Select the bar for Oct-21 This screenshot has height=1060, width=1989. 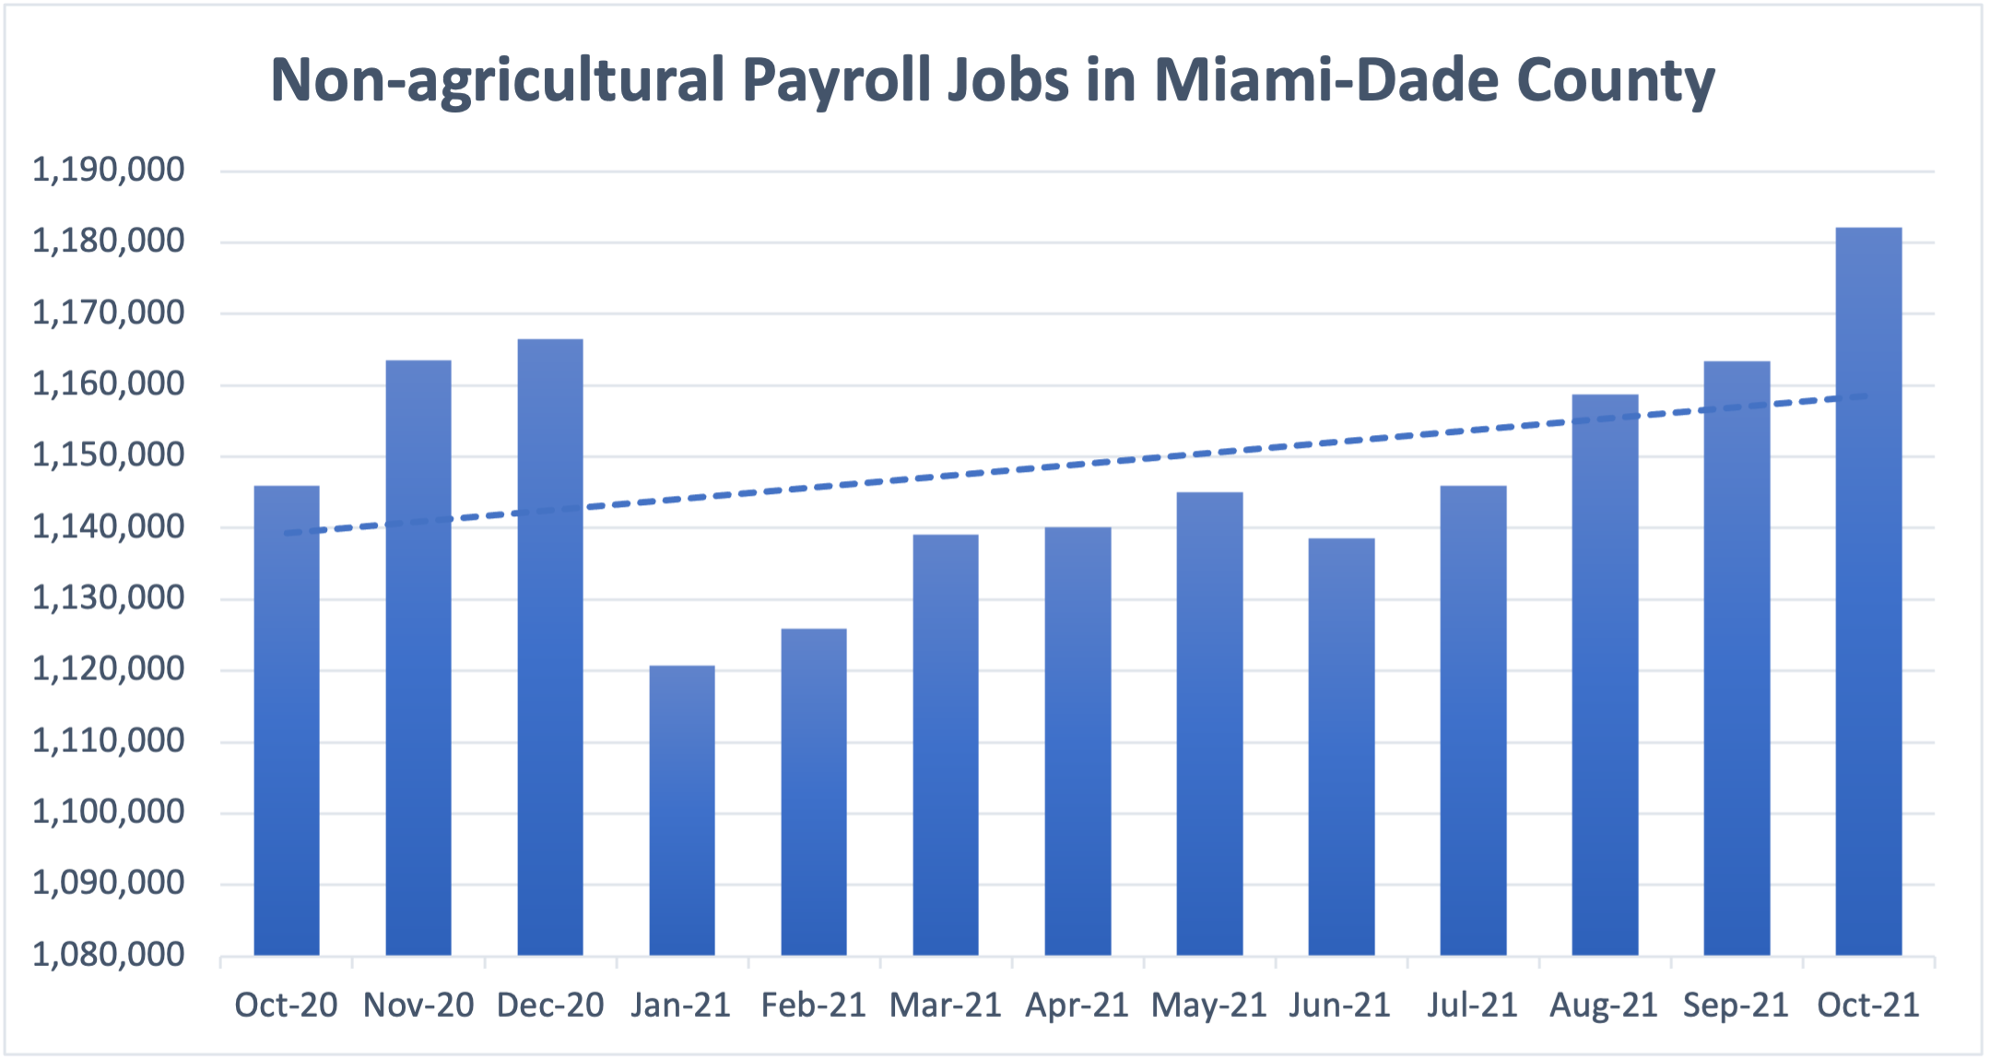[1868, 590]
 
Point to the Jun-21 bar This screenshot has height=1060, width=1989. [1341, 747]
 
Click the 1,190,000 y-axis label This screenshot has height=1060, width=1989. [109, 170]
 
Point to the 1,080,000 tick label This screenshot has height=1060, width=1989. [109, 955]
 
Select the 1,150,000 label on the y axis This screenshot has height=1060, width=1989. [109, 455]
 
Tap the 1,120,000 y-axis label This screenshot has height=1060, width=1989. [109, 669]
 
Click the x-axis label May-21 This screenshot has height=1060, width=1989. [1209, 1005]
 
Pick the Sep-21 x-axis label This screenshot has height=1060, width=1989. [1736, 1005]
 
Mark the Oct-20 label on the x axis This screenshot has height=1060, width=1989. [286, 1005]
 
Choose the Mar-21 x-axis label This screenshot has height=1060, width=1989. [946, 1005]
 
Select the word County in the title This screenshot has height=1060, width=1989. [1616, 81]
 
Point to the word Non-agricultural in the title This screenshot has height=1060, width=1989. [498, 81]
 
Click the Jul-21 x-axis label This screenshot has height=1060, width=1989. [1472, 1005]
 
